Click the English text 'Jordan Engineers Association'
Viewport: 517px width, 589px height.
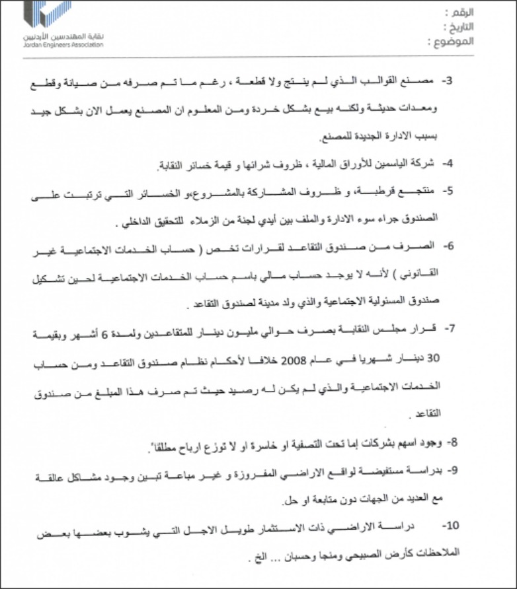point(63,46)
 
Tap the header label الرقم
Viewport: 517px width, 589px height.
point(457,13)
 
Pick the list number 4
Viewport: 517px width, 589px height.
point(447,162)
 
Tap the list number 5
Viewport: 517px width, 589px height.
point(446,191)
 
